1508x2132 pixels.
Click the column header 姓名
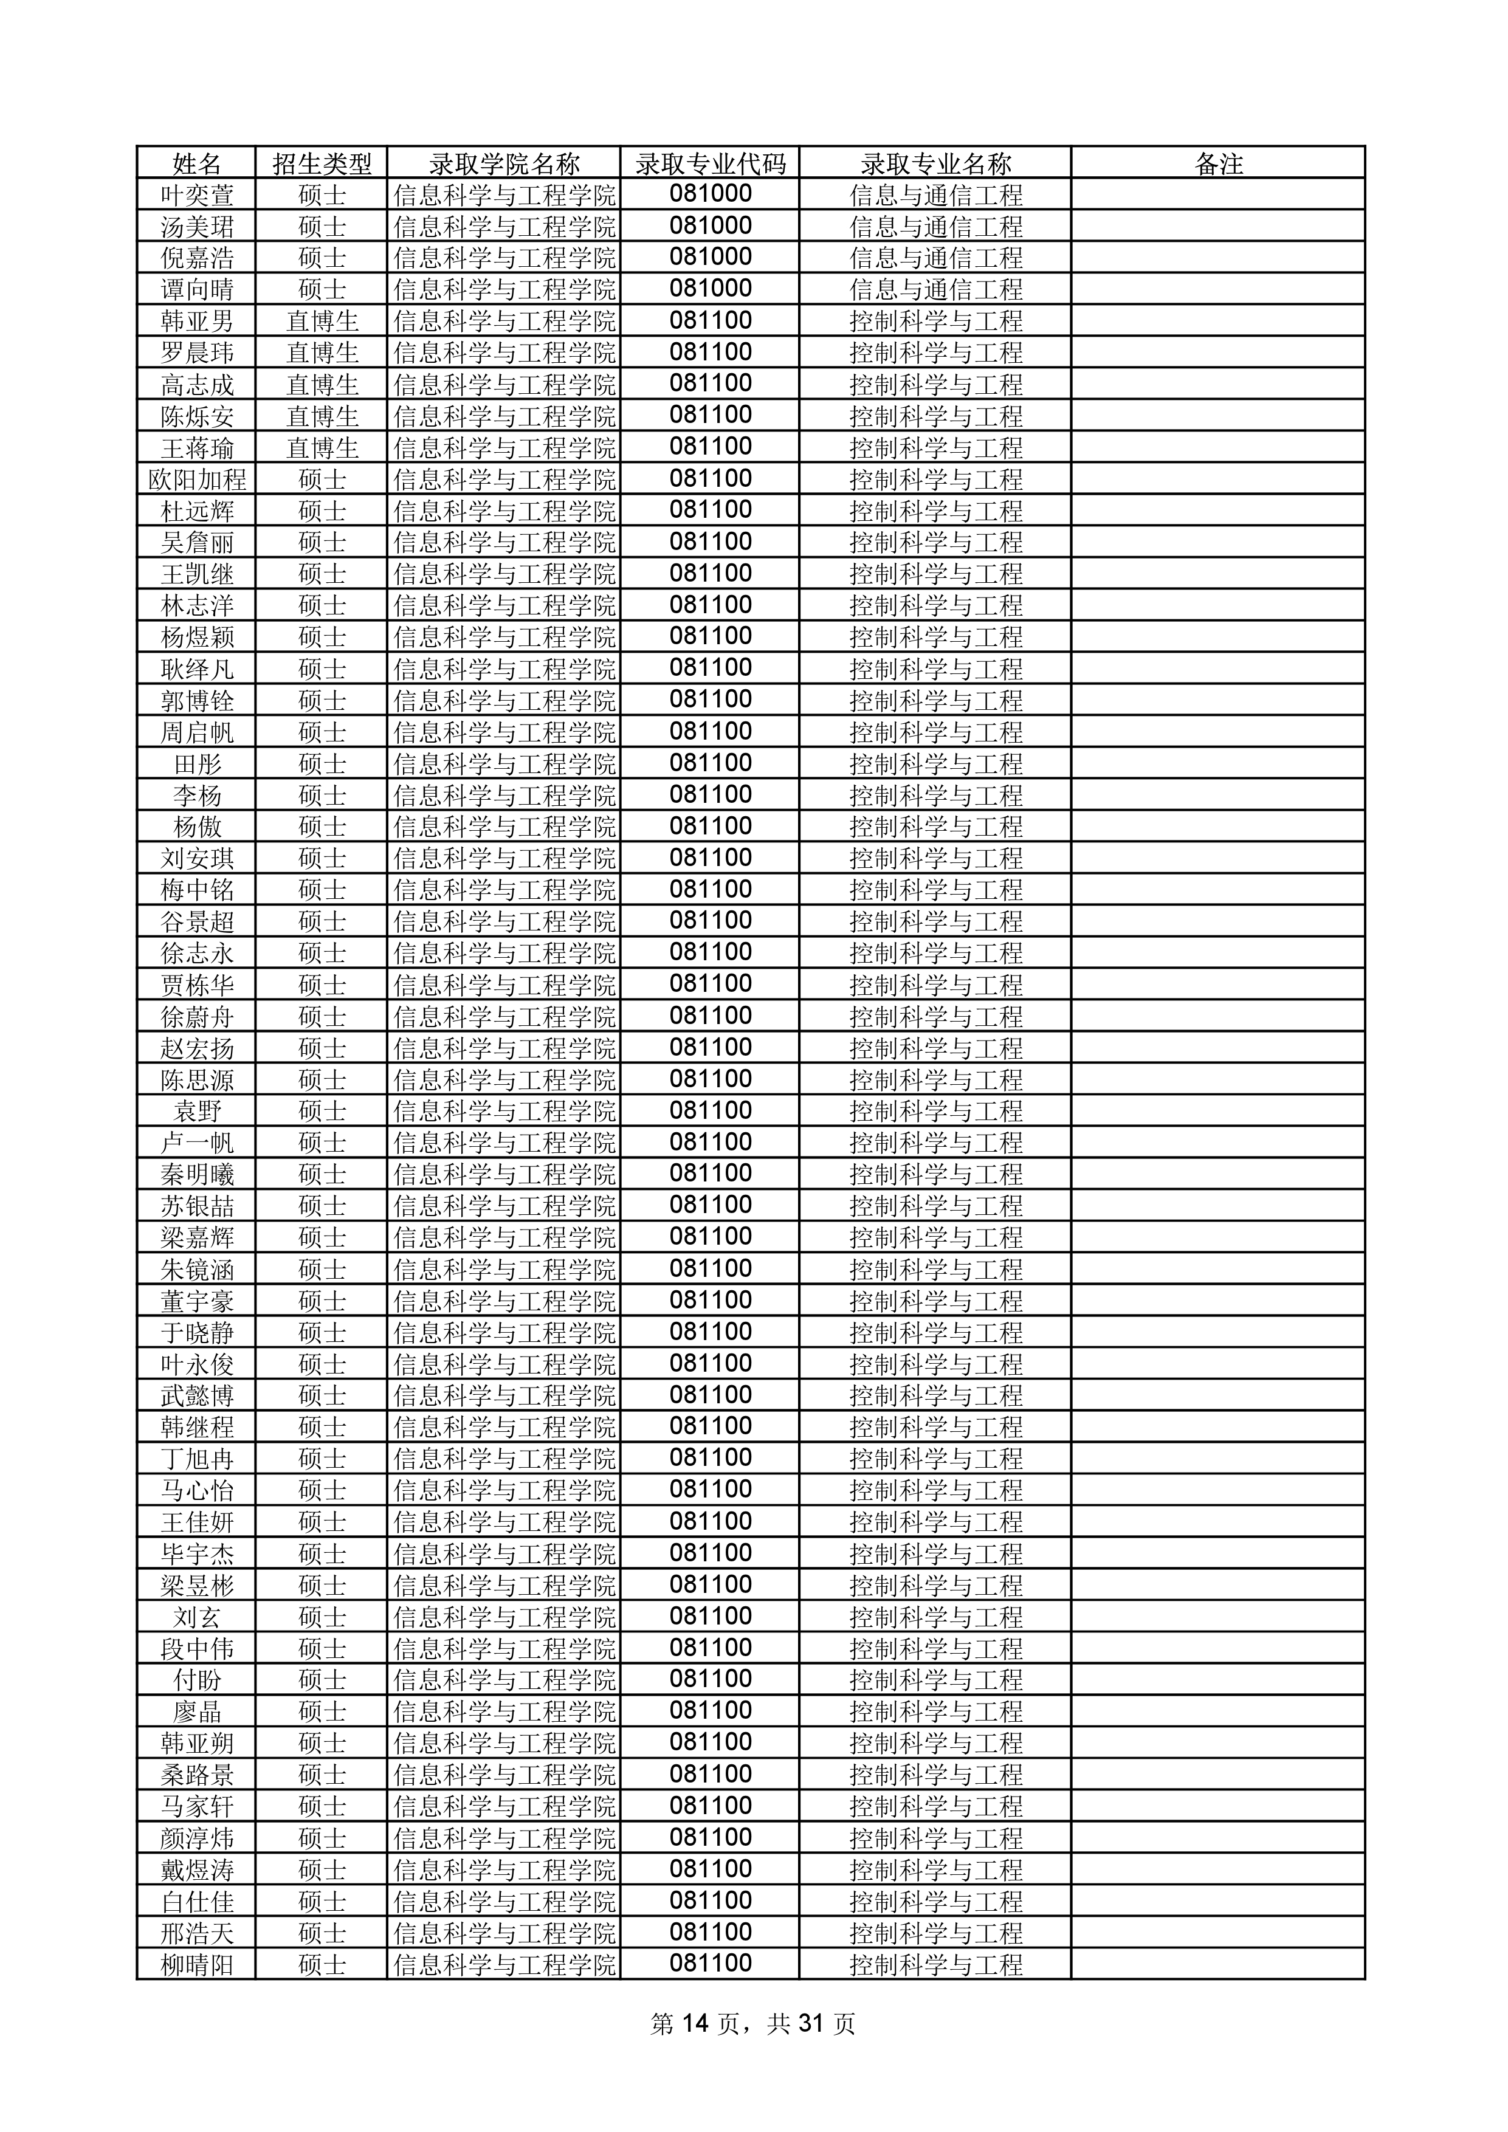coord(197,163)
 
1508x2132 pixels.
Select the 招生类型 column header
coord(322,163)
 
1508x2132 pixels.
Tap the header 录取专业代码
coord(711,163)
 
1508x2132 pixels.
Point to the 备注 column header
coord(1218,163)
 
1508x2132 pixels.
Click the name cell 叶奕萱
coord(197,195)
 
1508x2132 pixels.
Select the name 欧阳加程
coord(197,479)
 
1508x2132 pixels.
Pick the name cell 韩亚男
coord(197,322)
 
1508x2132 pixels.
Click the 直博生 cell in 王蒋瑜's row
coord(322,447)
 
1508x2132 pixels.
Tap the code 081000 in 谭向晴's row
coord(711,289)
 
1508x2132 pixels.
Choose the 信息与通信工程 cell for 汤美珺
coord(936,227)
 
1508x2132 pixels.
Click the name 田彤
coord(197,764)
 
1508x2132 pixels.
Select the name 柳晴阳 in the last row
coord(197,1965)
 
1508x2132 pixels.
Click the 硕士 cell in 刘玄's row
coord(322,1618)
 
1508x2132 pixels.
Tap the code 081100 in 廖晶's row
coord(711,1711)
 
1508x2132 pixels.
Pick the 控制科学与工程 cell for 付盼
coord(936,1680)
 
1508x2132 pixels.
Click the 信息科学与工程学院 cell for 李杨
coord(504,796)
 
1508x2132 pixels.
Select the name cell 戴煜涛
coord(197,1870)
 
